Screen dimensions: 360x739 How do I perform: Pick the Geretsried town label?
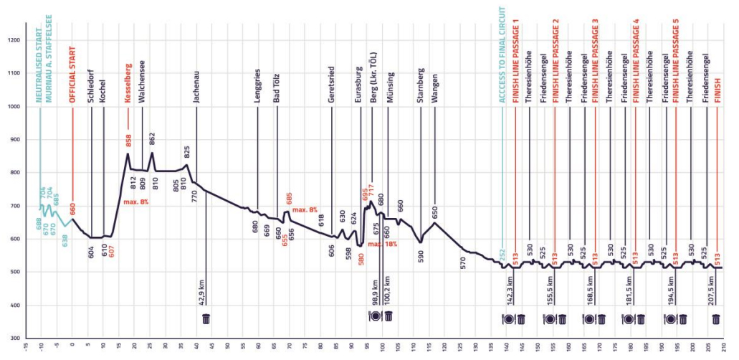(332, 85)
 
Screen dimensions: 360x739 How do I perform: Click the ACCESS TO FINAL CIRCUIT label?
(503, 58)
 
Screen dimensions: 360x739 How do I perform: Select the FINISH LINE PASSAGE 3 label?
(596, 61)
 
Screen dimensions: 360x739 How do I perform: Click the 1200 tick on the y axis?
(14, 40)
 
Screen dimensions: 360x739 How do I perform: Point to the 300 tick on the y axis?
(15, 338)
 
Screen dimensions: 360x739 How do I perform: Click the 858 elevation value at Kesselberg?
(129, 140)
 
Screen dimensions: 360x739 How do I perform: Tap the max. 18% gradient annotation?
(383, 245)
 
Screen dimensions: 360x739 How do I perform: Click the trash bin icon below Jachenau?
(206, 318)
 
